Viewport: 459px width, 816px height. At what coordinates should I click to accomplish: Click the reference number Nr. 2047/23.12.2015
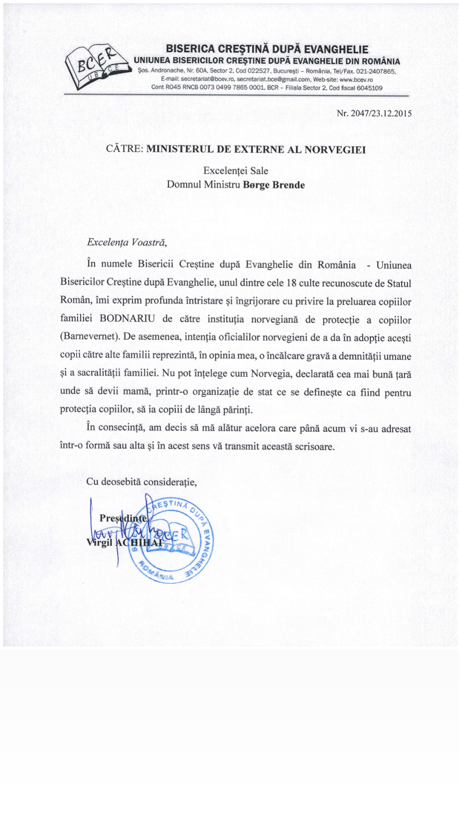pos(374,113)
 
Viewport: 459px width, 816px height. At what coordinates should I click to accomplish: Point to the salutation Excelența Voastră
pos(127,242)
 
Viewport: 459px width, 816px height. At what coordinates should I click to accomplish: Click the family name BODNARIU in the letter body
pos(127,319)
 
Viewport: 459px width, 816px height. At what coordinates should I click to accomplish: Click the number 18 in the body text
pos(291,283)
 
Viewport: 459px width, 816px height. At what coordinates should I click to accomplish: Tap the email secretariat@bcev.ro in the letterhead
pos(207,79)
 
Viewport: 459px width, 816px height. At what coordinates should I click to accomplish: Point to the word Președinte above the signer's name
pos(123,518)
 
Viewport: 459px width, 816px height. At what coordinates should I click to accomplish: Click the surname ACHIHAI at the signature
pos(139,543)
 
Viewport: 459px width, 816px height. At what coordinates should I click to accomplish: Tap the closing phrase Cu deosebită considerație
pos(141,482)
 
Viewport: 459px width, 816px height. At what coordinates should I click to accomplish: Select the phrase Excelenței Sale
pos(235,171)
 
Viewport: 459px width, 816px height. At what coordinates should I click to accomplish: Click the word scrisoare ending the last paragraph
pos(314,447)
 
